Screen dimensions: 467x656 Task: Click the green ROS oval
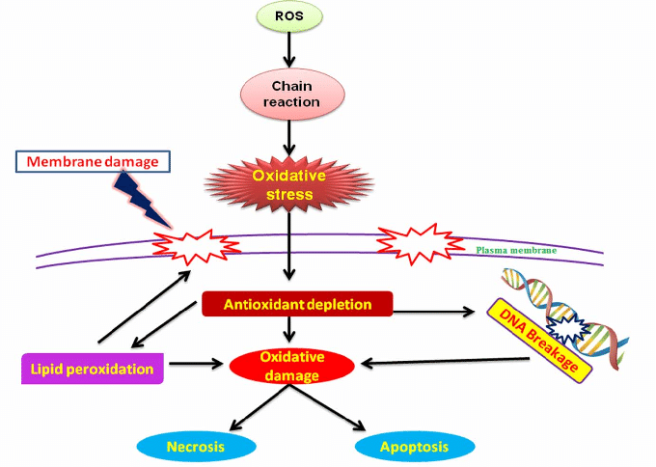click(290, 16)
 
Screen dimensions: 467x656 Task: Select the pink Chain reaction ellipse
click(290, 94)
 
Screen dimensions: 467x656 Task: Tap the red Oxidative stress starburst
click(290, 186)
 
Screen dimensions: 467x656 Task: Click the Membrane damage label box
click(93, 160)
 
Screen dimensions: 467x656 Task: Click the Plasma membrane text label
click(516, 250)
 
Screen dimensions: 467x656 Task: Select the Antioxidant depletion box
click(298, 305)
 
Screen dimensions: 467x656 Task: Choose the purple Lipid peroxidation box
click(93, 369)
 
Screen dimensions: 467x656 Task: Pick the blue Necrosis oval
click(196, 447)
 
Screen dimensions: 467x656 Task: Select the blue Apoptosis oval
click(415, 447)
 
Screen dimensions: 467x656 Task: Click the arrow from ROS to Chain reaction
click(290, 48)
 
